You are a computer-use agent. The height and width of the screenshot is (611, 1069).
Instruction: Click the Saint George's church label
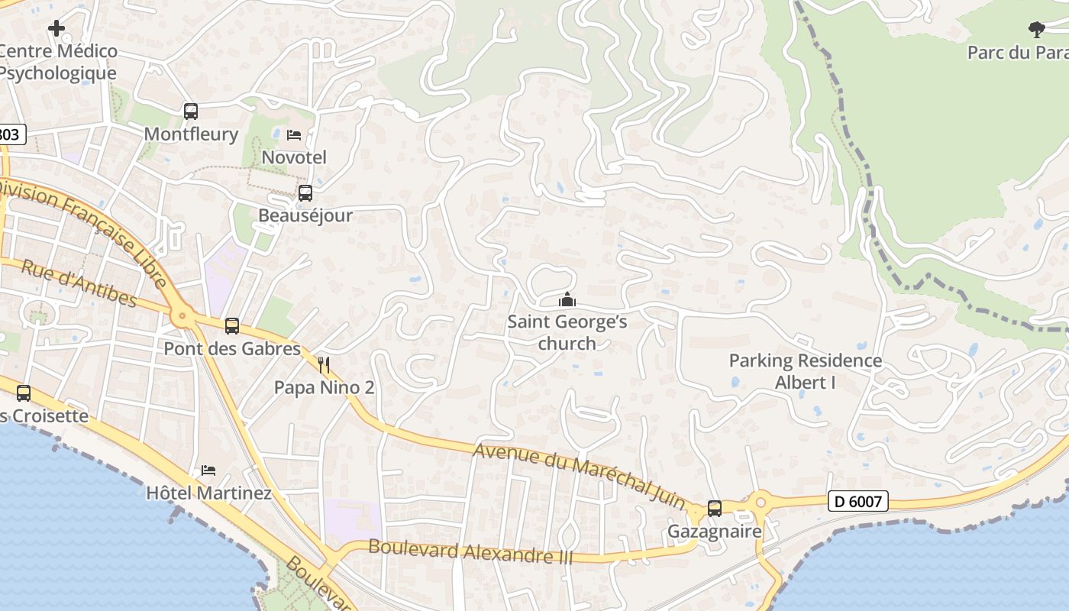point(567,332)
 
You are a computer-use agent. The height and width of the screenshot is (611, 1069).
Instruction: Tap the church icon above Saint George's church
point(567,299)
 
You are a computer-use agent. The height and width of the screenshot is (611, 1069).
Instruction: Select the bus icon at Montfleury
point(191,112)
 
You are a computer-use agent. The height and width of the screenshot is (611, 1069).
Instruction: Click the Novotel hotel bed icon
point(294,135)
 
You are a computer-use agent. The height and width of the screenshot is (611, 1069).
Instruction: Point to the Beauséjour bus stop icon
point(305,193)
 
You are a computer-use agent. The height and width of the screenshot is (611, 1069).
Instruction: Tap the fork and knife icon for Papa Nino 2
point(324,364)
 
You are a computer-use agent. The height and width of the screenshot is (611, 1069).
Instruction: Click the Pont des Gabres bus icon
point(232,326)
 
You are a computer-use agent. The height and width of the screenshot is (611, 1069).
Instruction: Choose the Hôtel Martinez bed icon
point(208,470)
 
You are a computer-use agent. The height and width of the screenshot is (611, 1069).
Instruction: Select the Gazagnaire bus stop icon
point(715,508)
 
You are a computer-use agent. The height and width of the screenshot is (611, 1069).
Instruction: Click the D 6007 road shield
point(858,502)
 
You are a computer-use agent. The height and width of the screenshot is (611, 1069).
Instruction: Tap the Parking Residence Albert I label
point(806,371)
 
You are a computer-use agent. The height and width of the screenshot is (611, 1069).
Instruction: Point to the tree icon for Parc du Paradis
point(1036,30)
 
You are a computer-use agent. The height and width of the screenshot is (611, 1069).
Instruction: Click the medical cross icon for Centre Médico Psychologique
point(56,28)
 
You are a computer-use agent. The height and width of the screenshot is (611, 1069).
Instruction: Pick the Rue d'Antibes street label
point(79,283)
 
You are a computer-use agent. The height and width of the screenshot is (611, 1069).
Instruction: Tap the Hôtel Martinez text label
point(208,493)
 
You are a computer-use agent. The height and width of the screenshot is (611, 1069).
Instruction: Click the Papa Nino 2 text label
point(324,387)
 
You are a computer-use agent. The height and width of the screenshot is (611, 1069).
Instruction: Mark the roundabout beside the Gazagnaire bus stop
point(761,503)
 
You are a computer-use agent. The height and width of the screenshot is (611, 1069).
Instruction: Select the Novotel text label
point(294,157)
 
